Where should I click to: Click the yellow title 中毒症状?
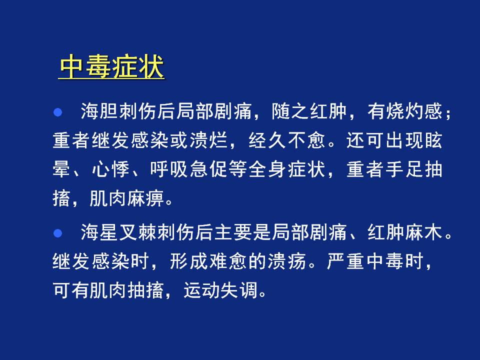[x=111, y=66]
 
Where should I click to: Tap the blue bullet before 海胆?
[x=57, y=112]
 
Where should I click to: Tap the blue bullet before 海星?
[x=57, y=233]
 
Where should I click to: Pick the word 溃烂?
[x=209, y=140]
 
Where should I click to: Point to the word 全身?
[x=267, y=169]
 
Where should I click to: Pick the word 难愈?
[x=228, y=261]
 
